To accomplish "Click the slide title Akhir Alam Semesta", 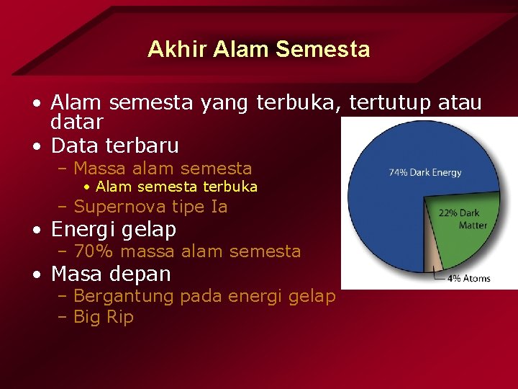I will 259,49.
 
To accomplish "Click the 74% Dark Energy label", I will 425,172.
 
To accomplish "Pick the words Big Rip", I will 104,317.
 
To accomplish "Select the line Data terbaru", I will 115,146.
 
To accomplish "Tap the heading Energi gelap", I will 114,229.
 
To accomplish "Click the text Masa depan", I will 112,274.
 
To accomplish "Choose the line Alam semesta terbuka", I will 176,187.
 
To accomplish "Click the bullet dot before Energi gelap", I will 36,231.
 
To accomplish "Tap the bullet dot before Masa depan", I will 36,274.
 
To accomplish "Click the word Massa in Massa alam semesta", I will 100,169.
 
